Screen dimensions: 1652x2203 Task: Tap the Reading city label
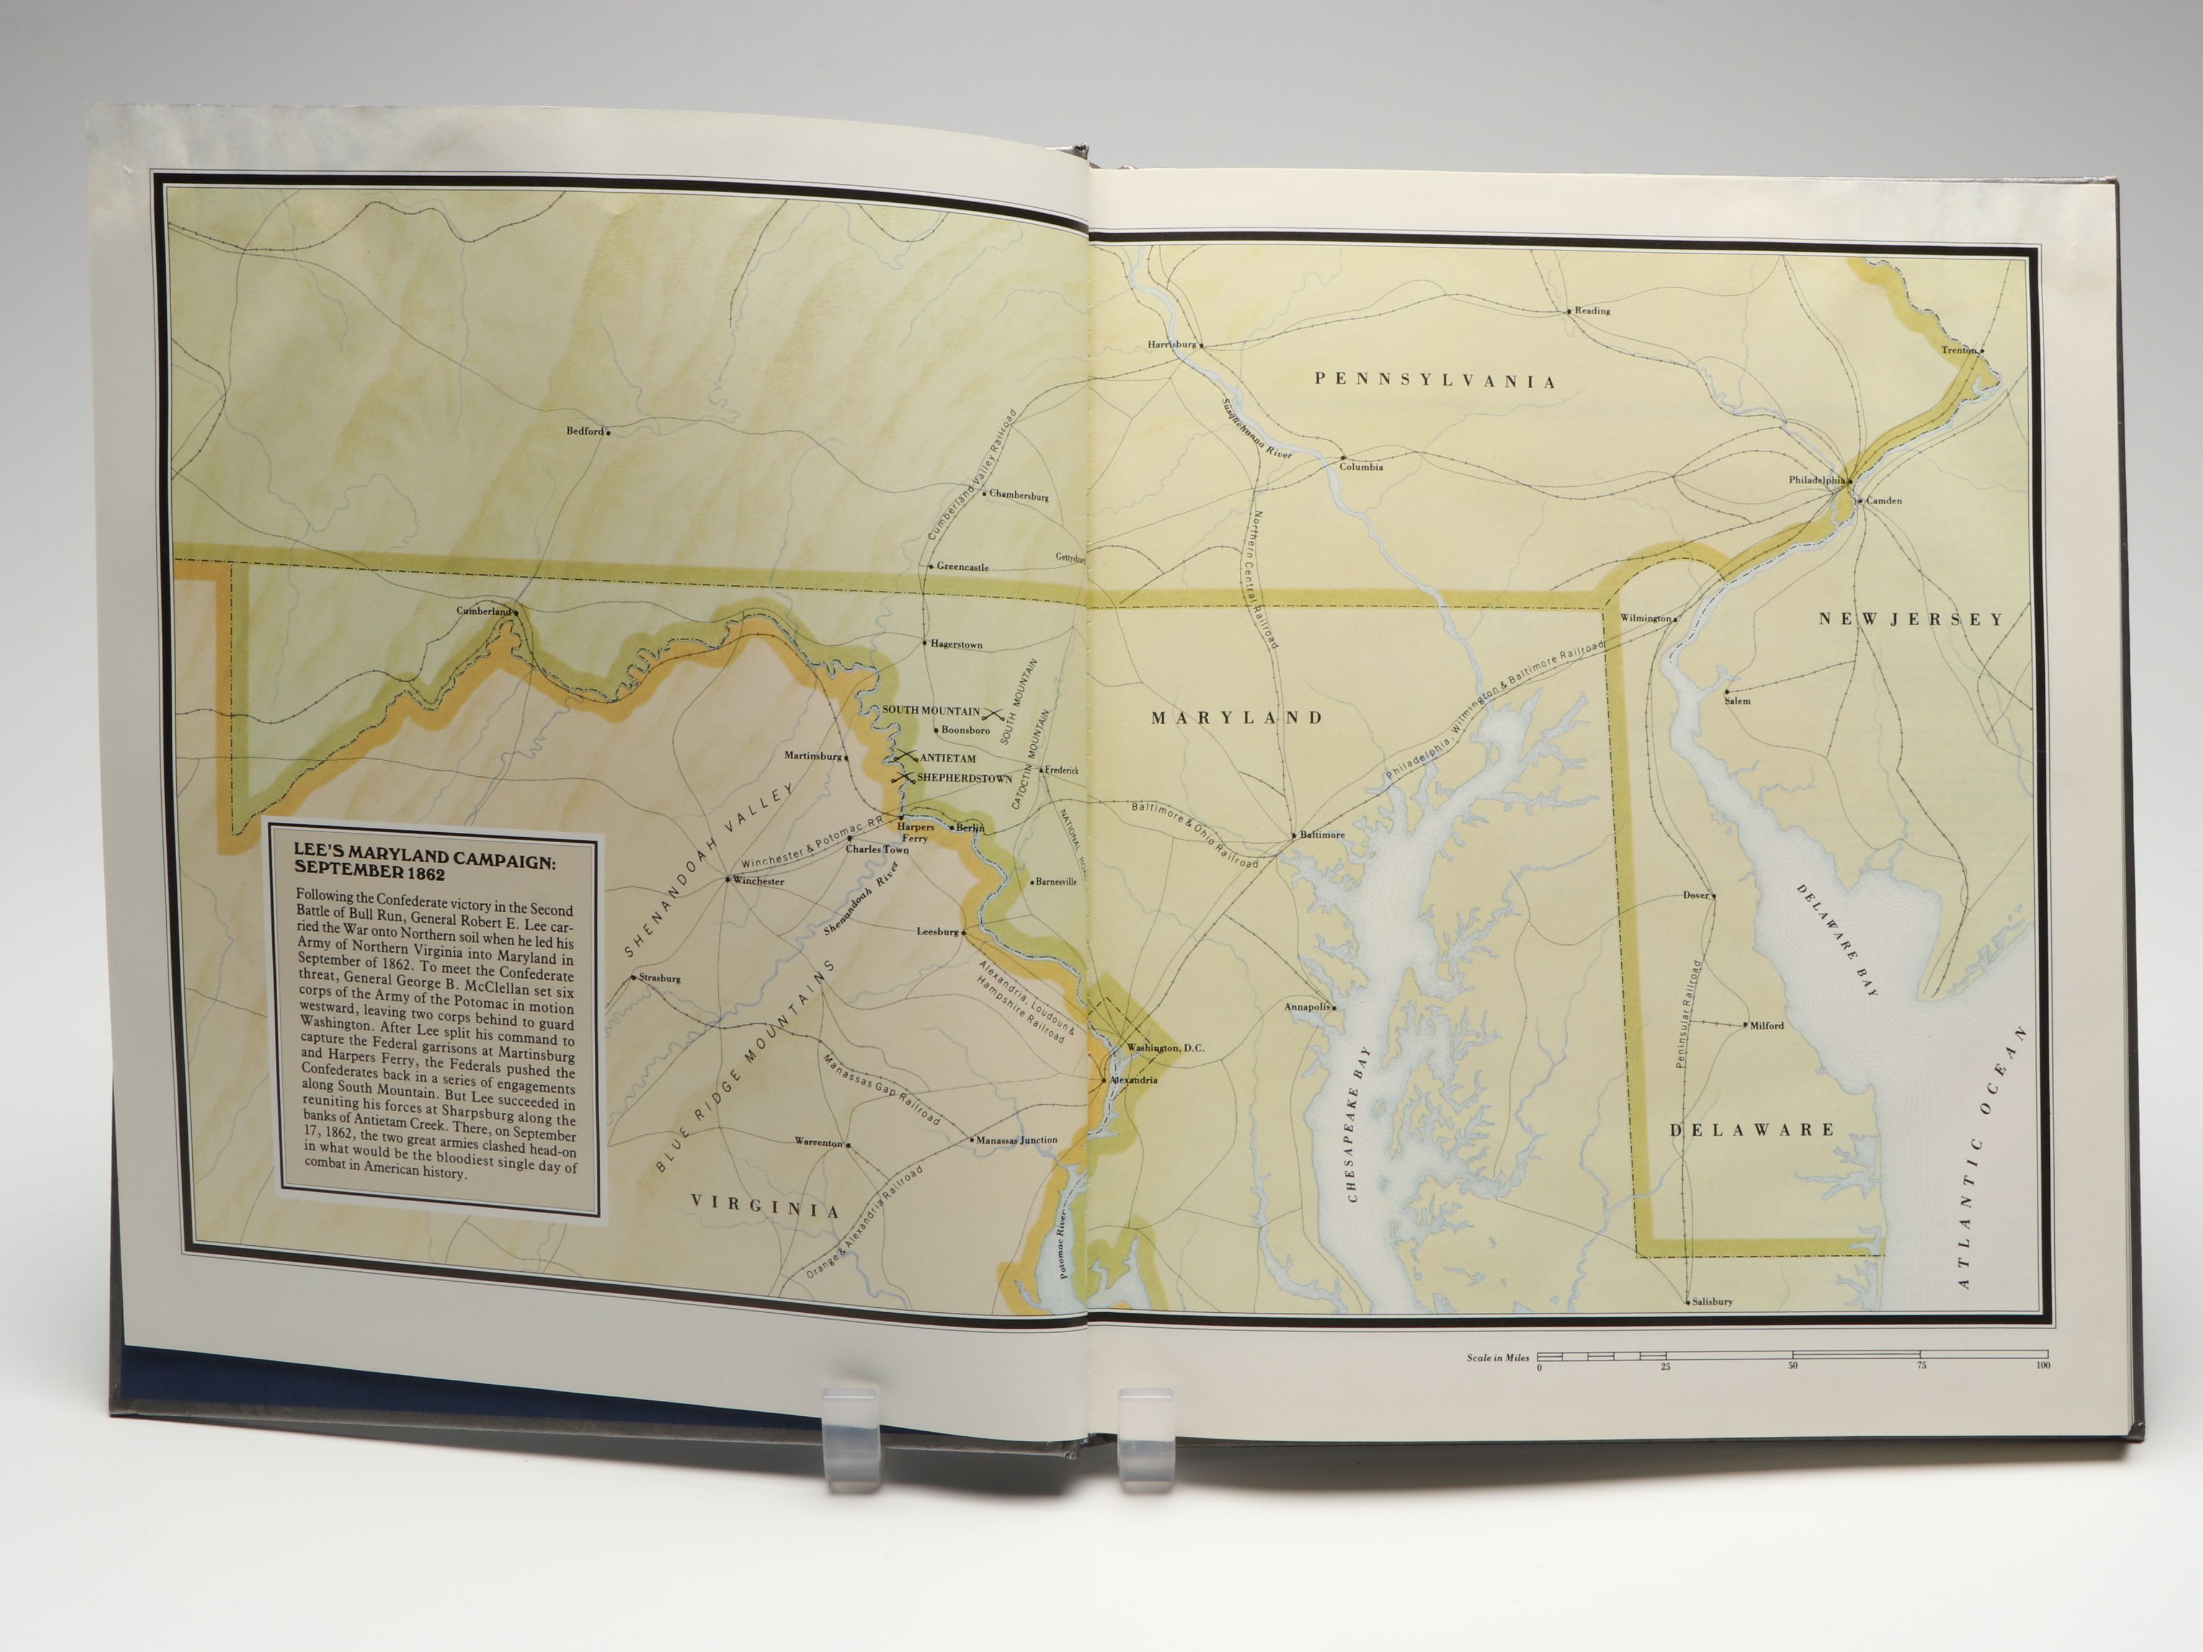[1591, 311]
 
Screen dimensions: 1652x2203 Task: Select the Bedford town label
[585, 431]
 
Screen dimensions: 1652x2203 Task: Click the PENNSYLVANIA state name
[1434, 380]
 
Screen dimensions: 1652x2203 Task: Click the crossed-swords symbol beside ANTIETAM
[907, 757]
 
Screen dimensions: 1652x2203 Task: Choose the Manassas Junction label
[1016, 1140]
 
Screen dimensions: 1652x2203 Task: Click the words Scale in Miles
[1497, 1358]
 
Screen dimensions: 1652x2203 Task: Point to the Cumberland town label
[483, 610]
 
